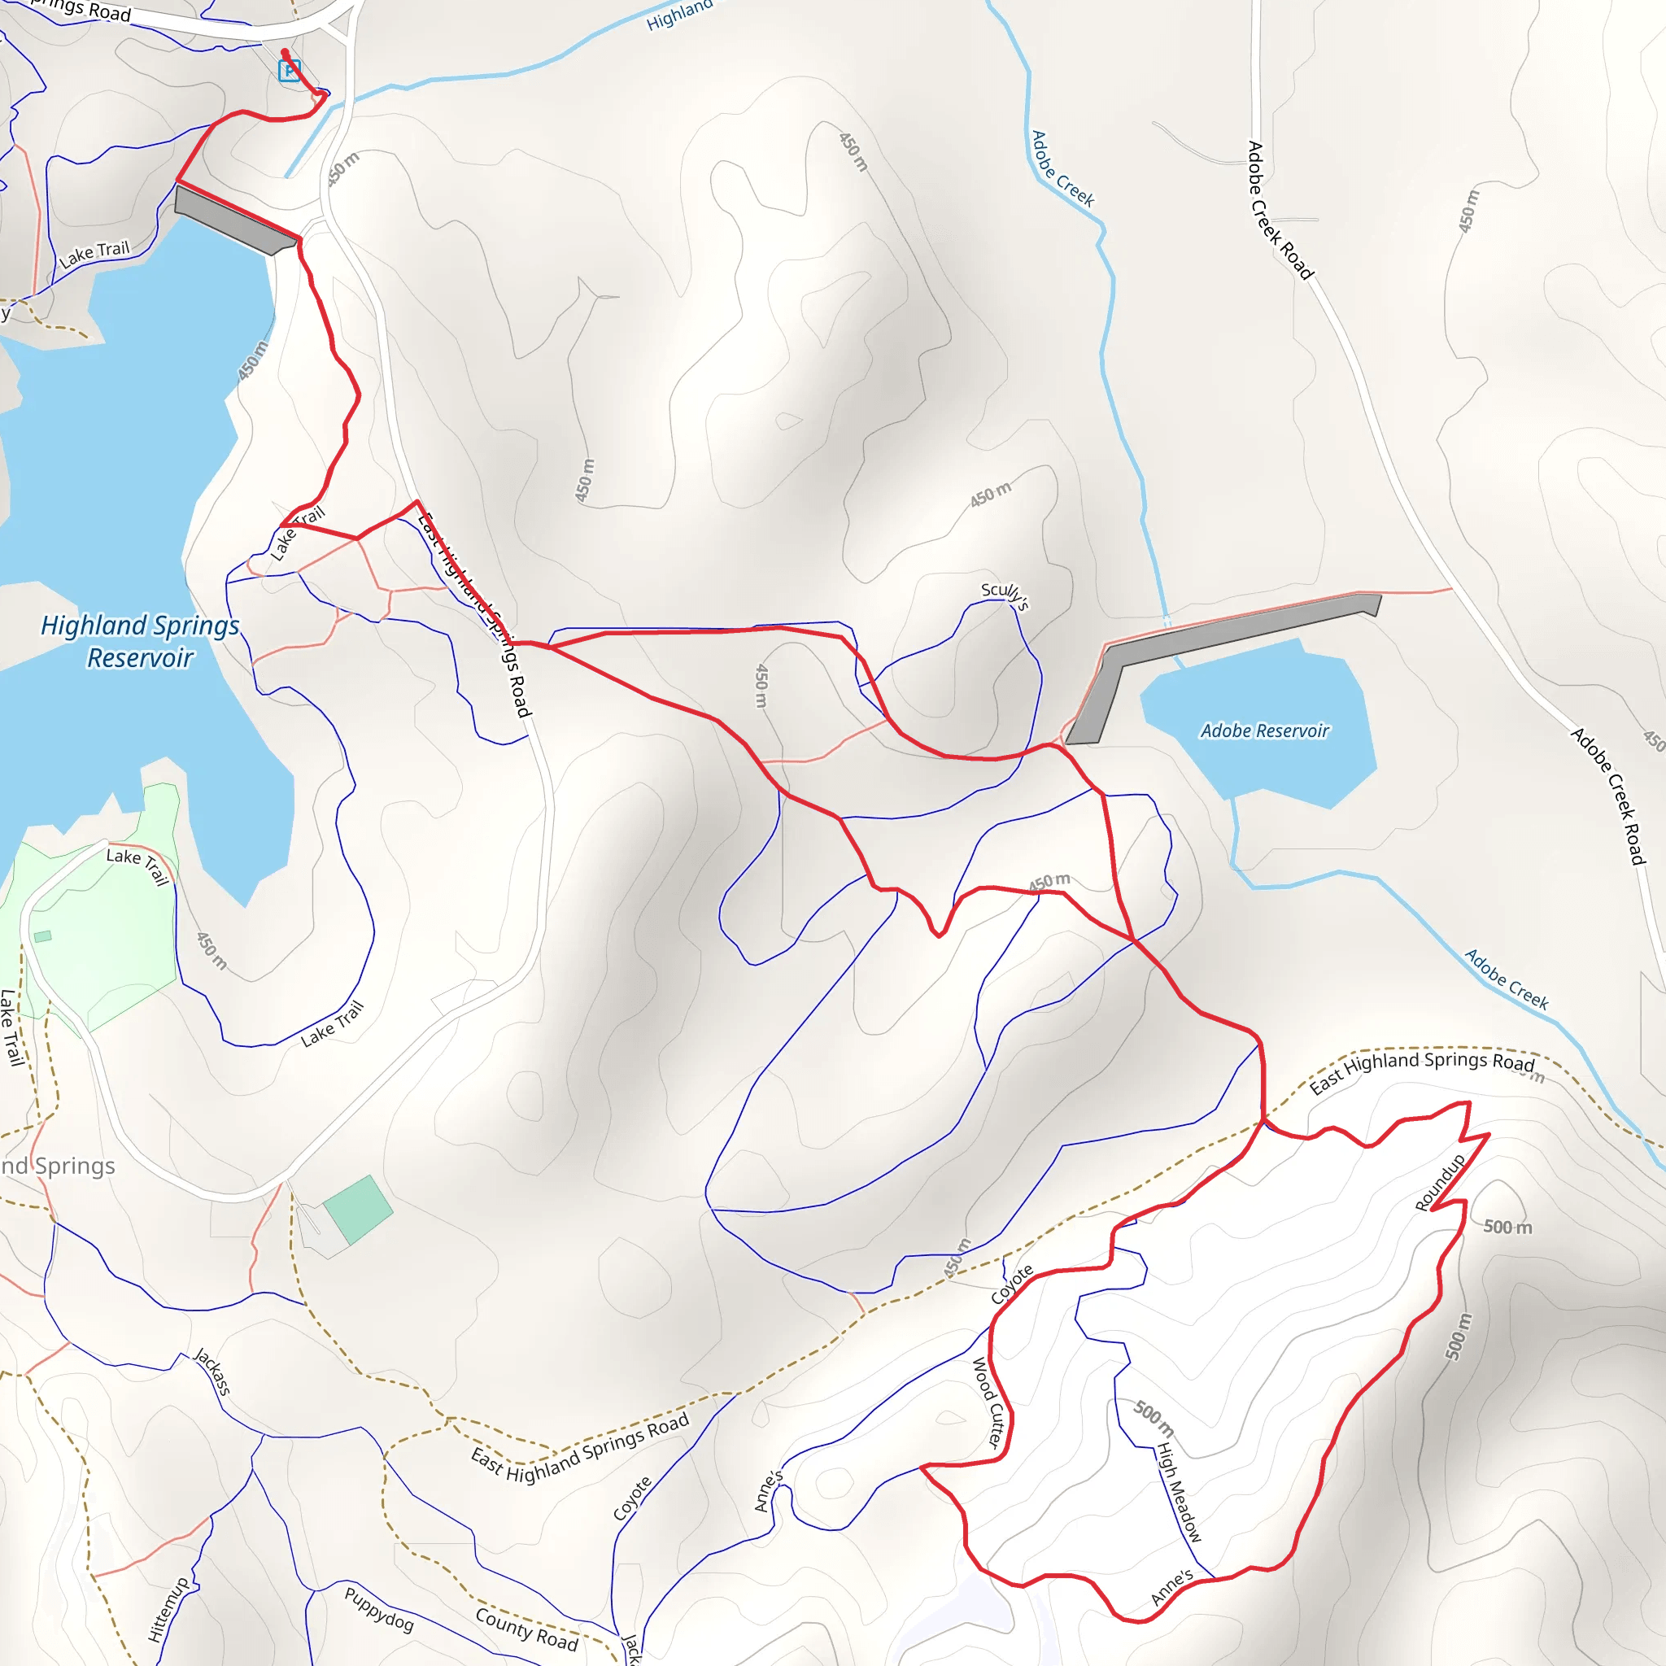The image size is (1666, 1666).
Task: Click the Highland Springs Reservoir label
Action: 140,641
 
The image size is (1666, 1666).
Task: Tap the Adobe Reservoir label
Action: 1264,731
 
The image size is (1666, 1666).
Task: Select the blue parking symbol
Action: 290,71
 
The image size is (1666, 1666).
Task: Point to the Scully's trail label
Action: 1005,594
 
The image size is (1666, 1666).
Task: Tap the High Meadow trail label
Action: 1178,1491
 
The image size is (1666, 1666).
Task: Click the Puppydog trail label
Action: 379,1609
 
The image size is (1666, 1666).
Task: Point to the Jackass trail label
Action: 212,1371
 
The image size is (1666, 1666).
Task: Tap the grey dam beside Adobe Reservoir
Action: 1207,656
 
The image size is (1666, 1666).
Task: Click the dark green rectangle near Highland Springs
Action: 358,1210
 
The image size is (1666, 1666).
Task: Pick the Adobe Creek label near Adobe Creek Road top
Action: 1062,169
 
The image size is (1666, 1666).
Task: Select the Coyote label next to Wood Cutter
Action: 1011,1284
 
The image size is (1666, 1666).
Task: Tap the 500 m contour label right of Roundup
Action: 1507,1227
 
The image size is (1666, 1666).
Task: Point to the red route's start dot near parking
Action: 286,53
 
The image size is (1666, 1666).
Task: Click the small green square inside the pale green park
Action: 42,936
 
